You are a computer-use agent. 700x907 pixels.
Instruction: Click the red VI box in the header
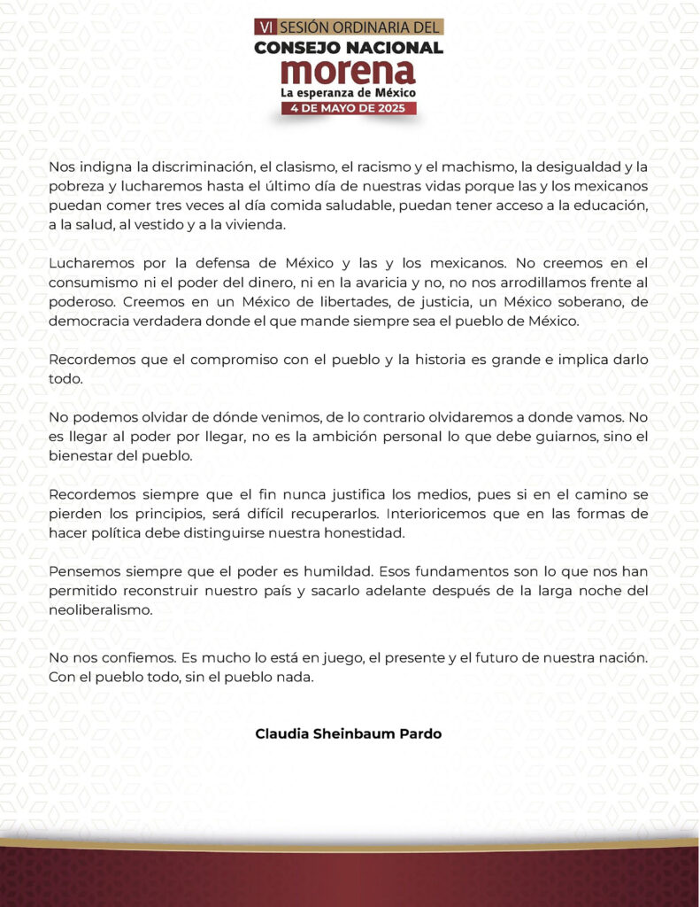coord(264,27)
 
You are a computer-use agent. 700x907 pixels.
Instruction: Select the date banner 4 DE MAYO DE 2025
coord(348,108)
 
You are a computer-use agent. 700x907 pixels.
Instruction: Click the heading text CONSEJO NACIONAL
coord(348,47)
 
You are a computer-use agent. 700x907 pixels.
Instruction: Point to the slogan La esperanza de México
coord(348,92)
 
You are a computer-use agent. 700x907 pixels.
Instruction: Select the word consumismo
coord(93,283)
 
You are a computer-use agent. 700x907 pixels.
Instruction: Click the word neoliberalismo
coord(104,611)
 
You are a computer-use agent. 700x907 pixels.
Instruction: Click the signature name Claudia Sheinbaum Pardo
coord(348,734)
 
